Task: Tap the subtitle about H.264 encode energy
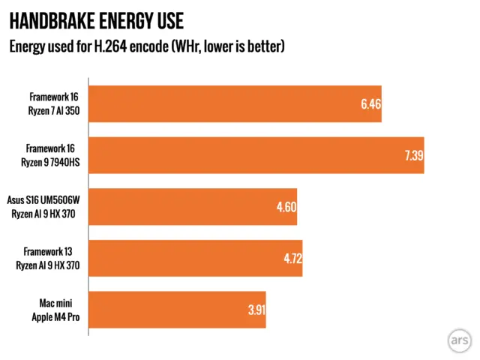146,47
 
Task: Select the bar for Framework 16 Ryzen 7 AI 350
235,104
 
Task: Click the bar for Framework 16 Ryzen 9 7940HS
256,155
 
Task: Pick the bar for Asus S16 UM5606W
193,206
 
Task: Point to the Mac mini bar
177,309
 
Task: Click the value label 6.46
370,104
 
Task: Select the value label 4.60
286,206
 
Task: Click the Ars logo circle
457,338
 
